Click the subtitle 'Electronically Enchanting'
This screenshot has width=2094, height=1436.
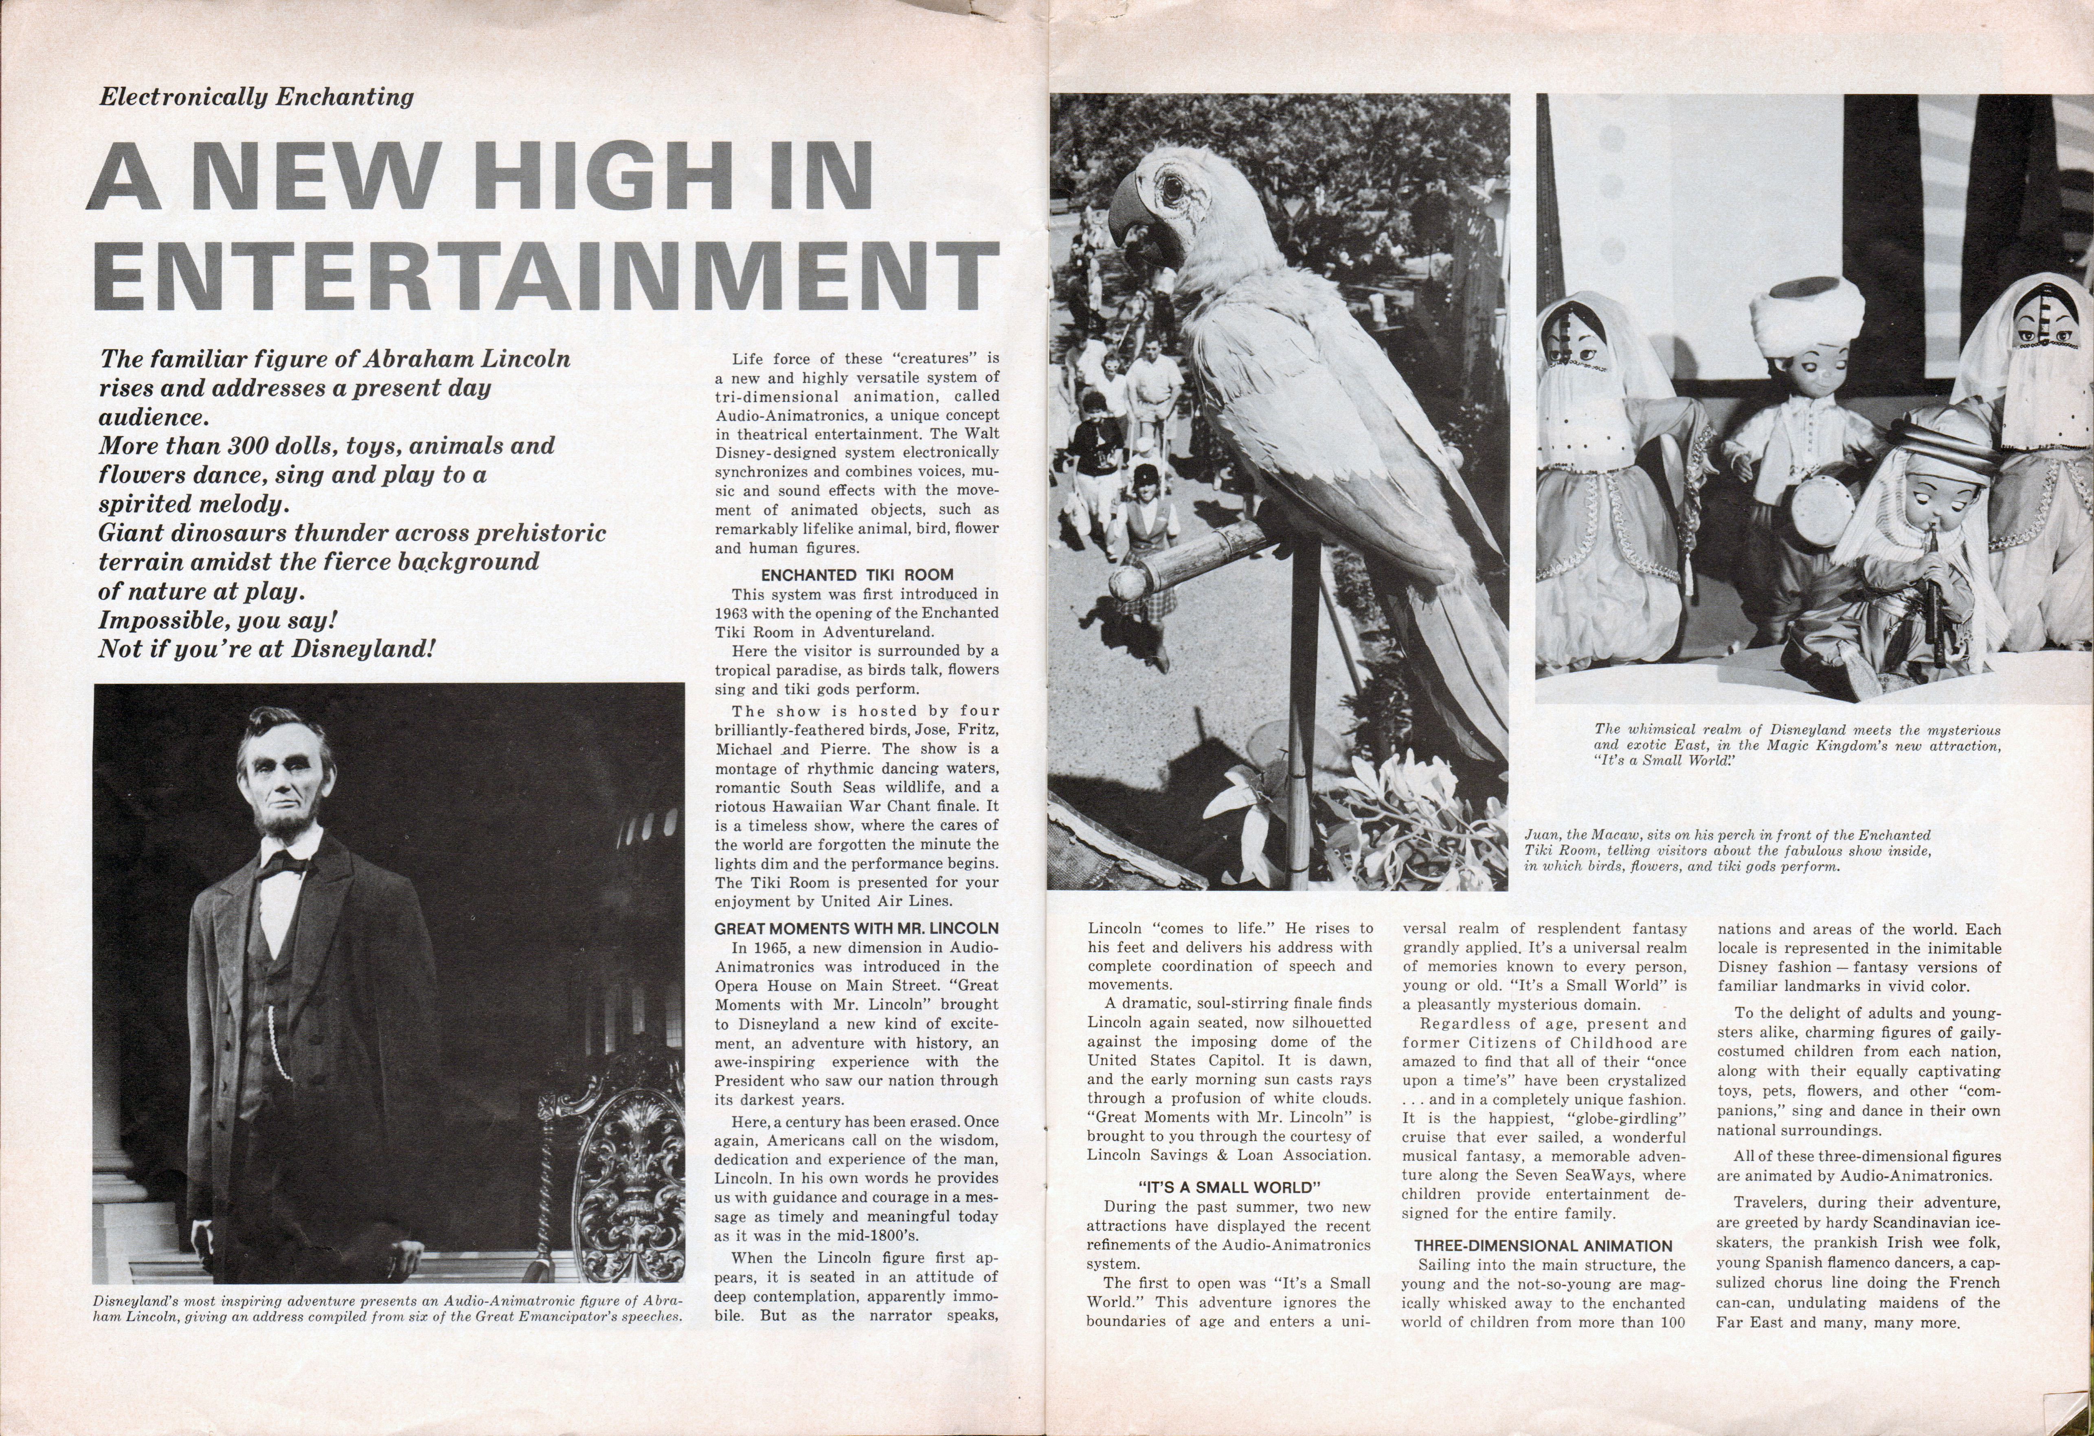click(x=257, y=97)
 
